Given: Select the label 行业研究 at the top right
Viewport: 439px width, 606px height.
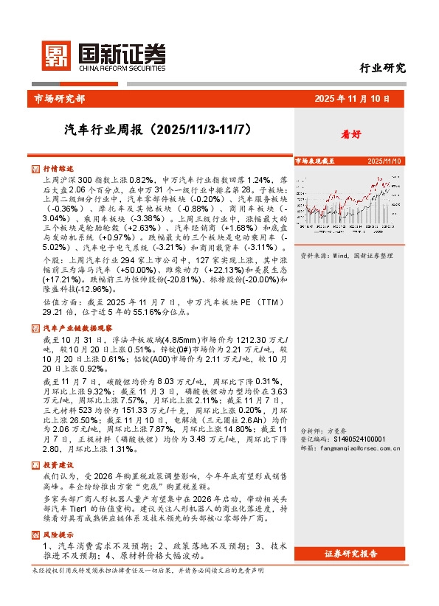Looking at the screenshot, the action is coord(382,69).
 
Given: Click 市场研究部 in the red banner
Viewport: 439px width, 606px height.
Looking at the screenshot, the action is coord(60,99).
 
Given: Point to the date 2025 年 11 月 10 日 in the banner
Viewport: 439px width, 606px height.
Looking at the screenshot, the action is coord(357,99).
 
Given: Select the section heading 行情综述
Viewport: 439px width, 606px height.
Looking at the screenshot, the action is coord(58,169).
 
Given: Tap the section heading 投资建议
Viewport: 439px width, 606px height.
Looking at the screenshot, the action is coord(58,465).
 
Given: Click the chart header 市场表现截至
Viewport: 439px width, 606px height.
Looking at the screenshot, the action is coord(315,160).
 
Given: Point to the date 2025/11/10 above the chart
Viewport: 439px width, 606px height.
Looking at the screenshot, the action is coord(384,160).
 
